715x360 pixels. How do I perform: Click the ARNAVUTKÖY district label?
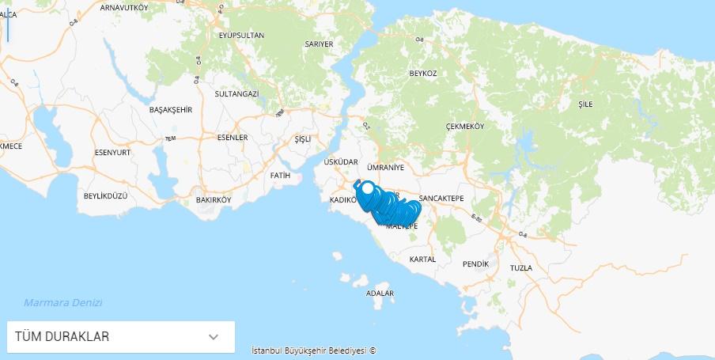[x=124, y=7]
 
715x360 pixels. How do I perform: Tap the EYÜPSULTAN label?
[x=241, y=35]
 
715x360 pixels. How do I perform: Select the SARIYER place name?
[x=319, y=44]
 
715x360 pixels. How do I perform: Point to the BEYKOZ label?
[x=423, y=73]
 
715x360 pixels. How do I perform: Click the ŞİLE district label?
[x=585, y=104]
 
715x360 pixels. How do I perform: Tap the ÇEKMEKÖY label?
[x=465, y=127]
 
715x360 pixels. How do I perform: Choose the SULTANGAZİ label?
[x=236, y=93]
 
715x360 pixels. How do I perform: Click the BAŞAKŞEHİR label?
[x=171, y=110]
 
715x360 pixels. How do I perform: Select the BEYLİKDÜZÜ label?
[x=105, y=195]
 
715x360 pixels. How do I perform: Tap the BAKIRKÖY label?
[x=214, y=200]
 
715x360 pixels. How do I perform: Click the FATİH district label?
[x=280, y=175]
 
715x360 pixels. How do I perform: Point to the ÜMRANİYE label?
[x=386, y=168]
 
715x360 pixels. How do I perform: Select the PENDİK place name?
[x=476, y=263]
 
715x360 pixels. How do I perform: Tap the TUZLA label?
[x=521, y=268]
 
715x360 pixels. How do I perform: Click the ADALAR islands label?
[x=380, y=294]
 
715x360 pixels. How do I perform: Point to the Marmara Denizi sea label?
[x=63, y=303]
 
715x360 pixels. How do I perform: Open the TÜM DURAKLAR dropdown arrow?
[x=213, y=337]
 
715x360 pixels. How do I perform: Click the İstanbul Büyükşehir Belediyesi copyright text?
[x=313, y=350]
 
